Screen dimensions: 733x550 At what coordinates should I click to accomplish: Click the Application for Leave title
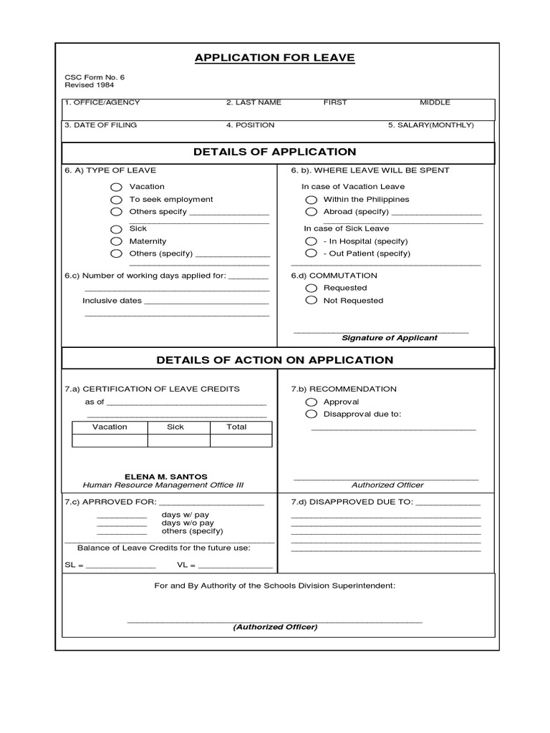click(x=274, y=57)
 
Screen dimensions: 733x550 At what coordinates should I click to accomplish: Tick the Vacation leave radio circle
click(x=116, y=187)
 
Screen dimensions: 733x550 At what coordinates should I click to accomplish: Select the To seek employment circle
click(x=116, y=200)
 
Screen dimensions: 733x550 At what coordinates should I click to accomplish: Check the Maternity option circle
click(x=116, y=241)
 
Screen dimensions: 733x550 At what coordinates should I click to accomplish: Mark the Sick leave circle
click(x=116, y=229)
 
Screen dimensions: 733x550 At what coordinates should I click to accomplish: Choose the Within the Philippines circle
click(x=311, y=200)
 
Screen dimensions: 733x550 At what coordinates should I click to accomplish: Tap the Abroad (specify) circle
click(x=311, y=212)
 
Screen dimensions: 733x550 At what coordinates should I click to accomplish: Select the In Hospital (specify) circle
click(x=311, y=241)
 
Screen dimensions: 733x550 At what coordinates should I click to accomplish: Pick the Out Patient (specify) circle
click(x=311, y=253)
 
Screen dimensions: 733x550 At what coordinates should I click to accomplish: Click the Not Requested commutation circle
click(x=311, y=301)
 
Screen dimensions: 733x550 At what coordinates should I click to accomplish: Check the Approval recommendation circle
click(x=311, y=402)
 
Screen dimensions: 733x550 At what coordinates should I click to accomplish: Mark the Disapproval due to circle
click(x=311, y=414)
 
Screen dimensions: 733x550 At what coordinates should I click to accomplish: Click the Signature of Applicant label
click(x=389, y=338)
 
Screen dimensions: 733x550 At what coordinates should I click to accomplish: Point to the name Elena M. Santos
click(x=166, y=476)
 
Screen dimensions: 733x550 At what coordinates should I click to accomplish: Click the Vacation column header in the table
click(x=110, y=427)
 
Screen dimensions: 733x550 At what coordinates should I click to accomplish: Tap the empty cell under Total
click(x=241, y=440)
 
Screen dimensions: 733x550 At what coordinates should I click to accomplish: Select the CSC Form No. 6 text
click(x=90, y=77)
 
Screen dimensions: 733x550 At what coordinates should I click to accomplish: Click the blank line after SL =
click(x=120, y=567)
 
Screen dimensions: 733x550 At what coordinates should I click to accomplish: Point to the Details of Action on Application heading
click(x=274, y=360)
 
